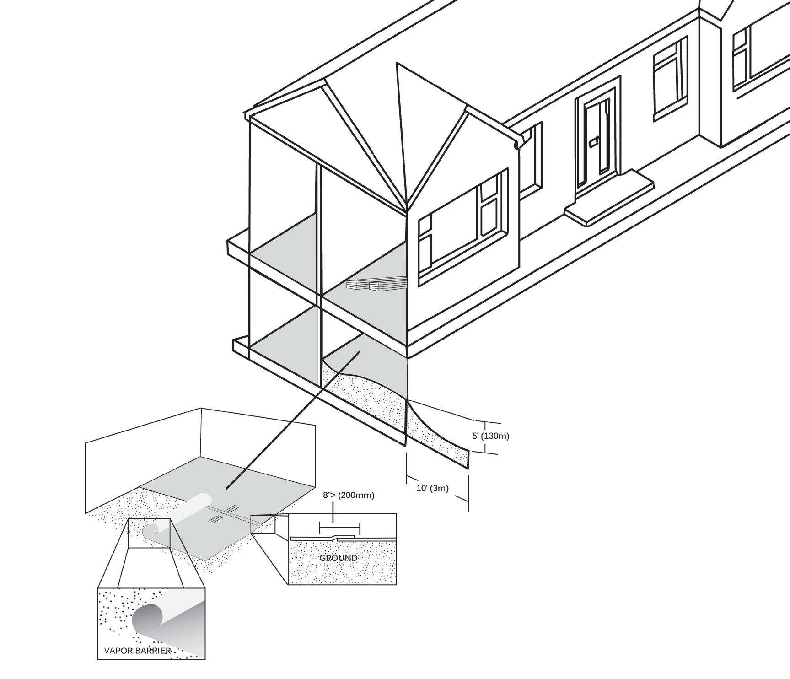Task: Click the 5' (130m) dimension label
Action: pos(490,436)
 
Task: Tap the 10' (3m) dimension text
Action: pos(432,488)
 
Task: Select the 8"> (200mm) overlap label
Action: pos(349,495)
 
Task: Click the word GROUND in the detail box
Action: pos(338,558)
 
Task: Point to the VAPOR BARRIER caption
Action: pos(137,651)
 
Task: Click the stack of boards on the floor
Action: pos(376,284)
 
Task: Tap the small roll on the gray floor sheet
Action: pos(176,515)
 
